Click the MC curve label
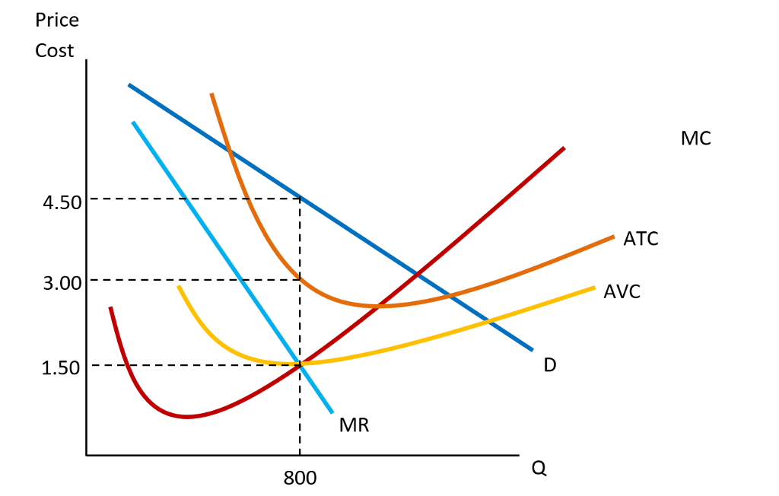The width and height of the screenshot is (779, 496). click(696, 138)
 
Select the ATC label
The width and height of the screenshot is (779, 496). click(641, 239)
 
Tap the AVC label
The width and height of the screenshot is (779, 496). click(622, 291)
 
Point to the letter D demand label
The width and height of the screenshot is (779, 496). click(550, 365)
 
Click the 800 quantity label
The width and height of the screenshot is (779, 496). click(300, 479)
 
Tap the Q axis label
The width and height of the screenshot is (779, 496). click(539, 469)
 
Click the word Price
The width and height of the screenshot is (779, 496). click(56, 20)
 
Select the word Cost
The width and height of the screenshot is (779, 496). click(55, 51)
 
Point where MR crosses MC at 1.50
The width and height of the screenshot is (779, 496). click(300, 365)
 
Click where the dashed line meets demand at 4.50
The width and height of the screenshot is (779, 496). click(300, 199)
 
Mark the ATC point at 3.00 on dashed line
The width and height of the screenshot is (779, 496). click(300, 280)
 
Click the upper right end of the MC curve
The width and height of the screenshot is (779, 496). click(564, 148)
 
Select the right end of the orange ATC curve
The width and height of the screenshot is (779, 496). click(612, 237)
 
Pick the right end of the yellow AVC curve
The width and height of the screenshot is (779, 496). click(593, 288)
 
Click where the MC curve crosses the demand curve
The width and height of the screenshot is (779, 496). click(416, 272)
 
